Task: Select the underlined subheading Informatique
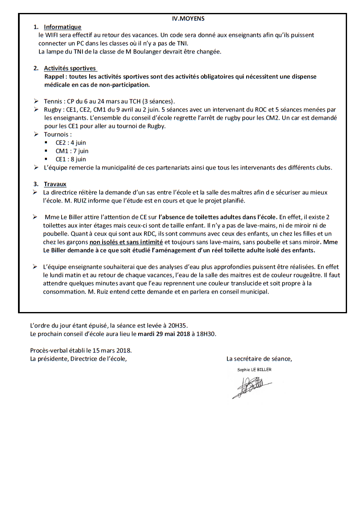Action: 62,27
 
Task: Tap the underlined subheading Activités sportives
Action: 70,68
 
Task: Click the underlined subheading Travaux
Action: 55,184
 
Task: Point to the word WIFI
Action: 54,35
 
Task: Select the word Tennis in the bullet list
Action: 53,101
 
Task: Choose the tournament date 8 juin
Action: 78,159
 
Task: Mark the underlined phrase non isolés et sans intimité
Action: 126,242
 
